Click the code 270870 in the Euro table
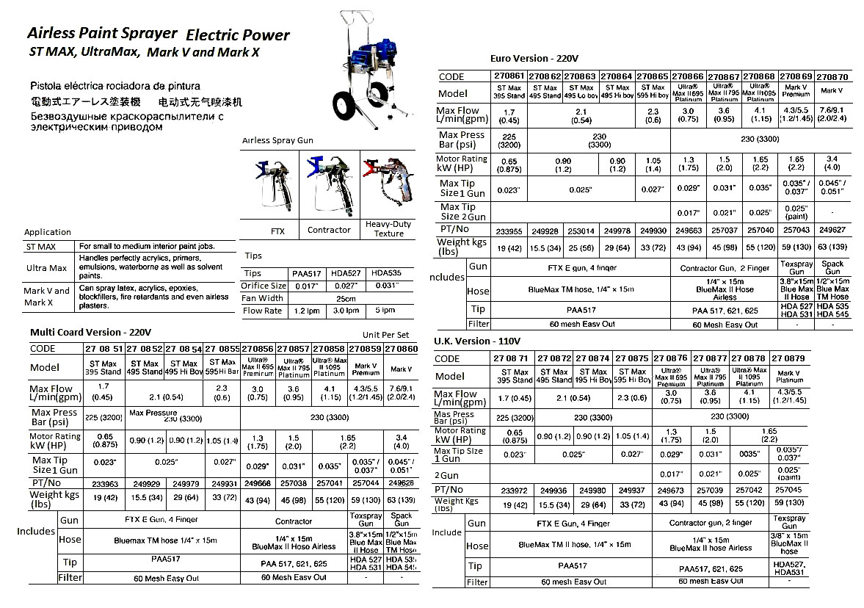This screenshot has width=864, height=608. click(832, 76)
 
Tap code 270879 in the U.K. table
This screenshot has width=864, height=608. click(789, 358)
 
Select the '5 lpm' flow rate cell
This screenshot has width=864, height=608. click(385, 311)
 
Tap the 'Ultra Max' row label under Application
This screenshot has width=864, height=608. click(47, 269)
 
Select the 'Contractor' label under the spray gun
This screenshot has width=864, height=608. click(329, 230)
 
